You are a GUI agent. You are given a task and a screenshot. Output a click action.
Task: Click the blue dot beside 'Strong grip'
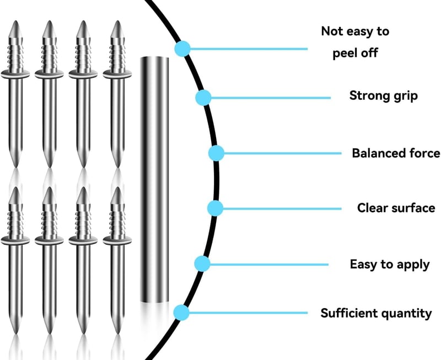(203, 98)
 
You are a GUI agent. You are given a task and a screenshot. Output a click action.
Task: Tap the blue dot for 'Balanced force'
(216, 153)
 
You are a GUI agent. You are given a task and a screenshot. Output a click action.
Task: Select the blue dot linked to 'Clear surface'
(215, 208)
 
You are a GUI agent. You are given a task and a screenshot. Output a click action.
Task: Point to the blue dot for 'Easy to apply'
(202, 264)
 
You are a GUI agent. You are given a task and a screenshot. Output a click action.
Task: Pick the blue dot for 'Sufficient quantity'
(181, 313)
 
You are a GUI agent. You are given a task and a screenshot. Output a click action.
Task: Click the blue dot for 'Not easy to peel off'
(182, 49)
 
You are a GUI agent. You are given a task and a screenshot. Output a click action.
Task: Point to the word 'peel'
(344, 53)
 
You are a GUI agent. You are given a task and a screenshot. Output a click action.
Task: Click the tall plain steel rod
(154, 179)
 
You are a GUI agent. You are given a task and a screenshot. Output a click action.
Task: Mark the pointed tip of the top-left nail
(15, 21)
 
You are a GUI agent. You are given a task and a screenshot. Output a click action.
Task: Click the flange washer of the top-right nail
(117, 74)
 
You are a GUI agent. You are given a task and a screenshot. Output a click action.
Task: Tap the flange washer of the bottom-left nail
(15, 240)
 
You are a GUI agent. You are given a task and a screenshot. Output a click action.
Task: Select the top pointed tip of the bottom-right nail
(117, 187)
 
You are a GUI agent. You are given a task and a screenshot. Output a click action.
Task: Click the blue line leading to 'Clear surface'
(282, 209)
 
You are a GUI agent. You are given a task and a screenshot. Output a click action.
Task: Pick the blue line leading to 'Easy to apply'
(269, 265)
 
